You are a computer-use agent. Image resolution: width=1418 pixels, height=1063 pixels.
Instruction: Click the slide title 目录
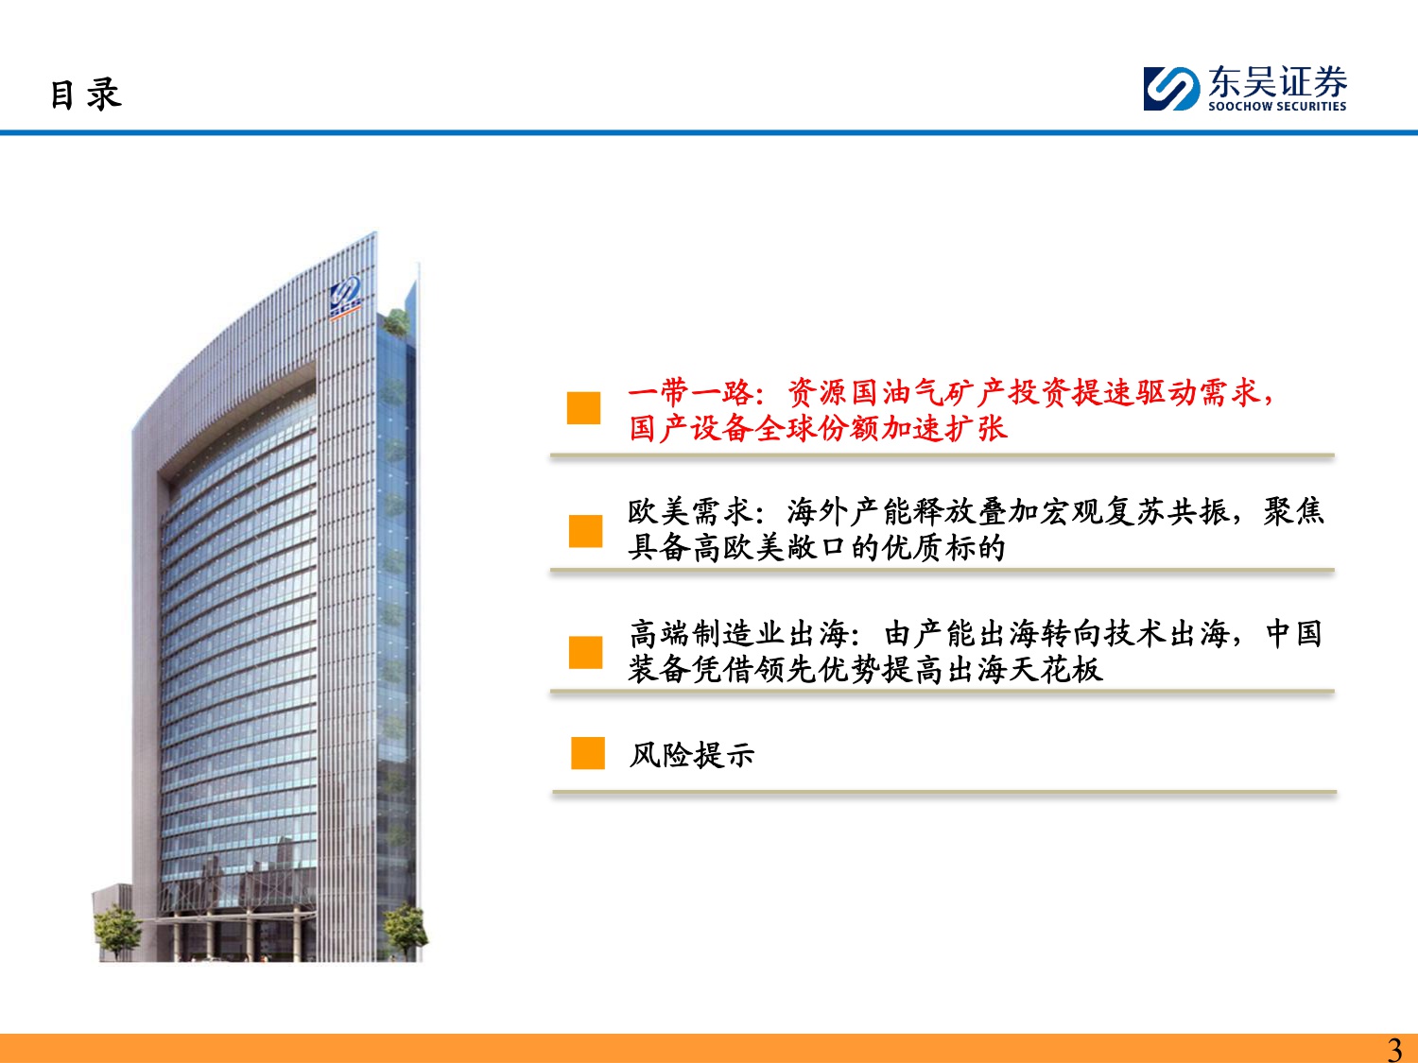click(x=85, y=94)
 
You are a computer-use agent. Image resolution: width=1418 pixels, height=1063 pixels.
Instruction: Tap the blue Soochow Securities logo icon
click(x=1171, y=89)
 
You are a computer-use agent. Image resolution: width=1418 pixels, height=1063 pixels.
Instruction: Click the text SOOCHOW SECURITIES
click(x=1277, y=107)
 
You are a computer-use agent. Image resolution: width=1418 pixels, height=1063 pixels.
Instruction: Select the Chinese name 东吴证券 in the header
click(x=1278, y=82)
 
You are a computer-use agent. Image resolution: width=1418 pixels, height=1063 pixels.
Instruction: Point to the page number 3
click(x=1394, y=1049)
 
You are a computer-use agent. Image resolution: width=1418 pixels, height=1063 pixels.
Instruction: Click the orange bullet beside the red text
click(x=583, y=408)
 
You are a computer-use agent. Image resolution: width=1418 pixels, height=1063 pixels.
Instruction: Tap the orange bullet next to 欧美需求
click(x=585, y=530)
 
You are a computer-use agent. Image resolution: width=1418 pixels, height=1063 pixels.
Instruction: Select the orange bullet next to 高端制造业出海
click(x=585, y=652)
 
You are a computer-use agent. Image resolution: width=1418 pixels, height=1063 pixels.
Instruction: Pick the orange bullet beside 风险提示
click(x=588, y=753)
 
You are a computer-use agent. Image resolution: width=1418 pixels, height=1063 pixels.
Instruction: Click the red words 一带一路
click(x=690, y=392)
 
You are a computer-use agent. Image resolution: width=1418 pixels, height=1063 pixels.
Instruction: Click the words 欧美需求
click(x=690, y=513)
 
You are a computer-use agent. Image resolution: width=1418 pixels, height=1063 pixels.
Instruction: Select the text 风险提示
click(x=691, y=754)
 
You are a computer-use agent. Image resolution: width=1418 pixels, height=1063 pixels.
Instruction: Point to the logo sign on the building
click(x=346, y=298)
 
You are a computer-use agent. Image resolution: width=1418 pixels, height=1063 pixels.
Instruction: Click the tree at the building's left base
click(x=117, y=932)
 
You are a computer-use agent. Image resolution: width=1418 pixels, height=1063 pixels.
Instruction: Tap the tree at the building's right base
click(x=405, y=930)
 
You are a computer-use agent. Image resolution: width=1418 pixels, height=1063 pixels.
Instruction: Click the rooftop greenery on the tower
click(x=396, y=322)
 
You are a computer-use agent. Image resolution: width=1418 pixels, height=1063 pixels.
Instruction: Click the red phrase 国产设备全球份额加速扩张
click(x=818, y=429)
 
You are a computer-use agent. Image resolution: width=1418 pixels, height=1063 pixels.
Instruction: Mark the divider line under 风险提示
click(x=943, y=792)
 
